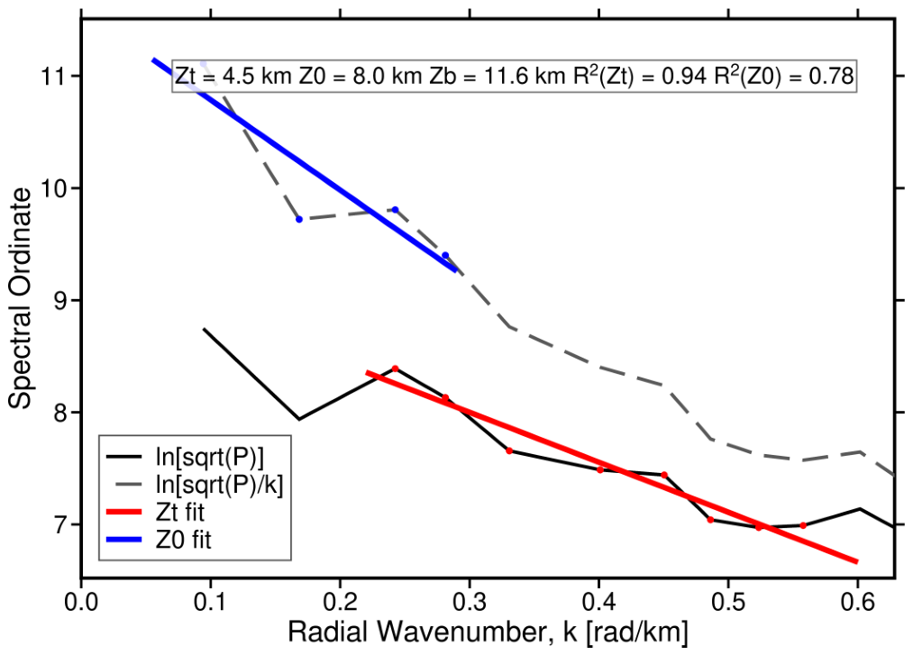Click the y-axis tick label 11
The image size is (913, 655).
click(x=52, y=77)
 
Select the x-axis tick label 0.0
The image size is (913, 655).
click(x=81, y=602)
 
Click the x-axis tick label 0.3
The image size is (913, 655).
click(x=470, y=602)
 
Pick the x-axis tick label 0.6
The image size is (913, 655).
click(x=858, y=602)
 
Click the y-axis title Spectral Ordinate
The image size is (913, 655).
click(x=21, y=298)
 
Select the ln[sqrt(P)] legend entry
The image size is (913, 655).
click(x=185, y=458)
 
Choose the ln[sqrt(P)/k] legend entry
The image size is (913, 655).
click(x=195, y=485)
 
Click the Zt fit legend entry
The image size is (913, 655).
click(x=155, y=512)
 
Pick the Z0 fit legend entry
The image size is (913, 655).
click(x=159, y=539)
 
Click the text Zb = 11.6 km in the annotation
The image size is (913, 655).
click(x=497, y=77)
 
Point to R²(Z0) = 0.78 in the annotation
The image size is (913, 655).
click(x=784, y=77)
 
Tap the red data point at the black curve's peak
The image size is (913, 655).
click(x=395, y=368)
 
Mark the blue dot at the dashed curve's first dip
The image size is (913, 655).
click(x=299, y=220)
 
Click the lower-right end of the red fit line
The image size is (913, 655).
click(x=856, y=562)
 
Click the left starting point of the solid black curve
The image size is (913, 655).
click(x=203, y=329)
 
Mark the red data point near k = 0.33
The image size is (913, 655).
click(x=509, y=450)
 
